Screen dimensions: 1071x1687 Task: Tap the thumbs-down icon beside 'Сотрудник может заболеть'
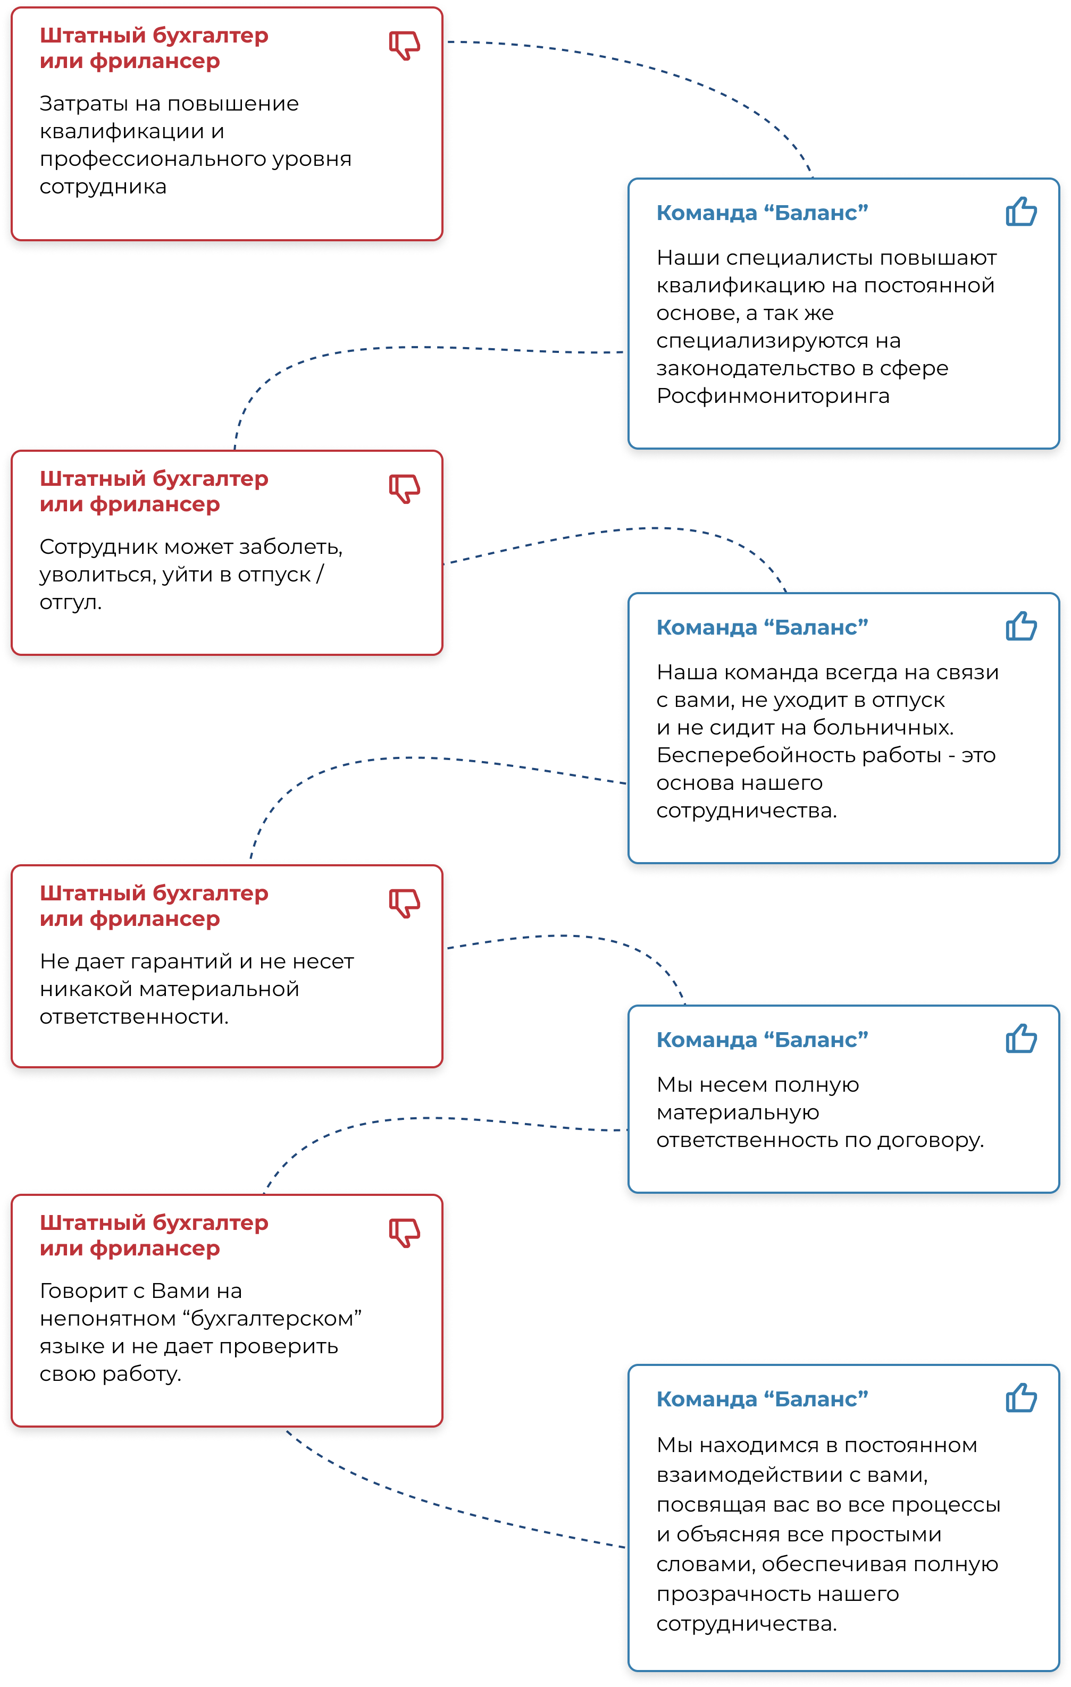pos(405,488)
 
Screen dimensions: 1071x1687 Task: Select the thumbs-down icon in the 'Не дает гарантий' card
pos(405,903)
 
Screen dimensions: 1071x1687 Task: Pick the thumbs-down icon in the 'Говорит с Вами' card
pos(405,1233)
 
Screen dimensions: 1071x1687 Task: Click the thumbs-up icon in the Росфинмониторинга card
pos(1021,211)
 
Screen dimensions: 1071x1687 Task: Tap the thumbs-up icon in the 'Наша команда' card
pos(1021,626)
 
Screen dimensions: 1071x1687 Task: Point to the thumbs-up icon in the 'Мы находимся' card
pos(1021,1398)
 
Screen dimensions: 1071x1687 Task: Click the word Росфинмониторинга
pos(773,397)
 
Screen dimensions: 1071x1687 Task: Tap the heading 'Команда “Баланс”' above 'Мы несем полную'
pos(763,1040)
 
